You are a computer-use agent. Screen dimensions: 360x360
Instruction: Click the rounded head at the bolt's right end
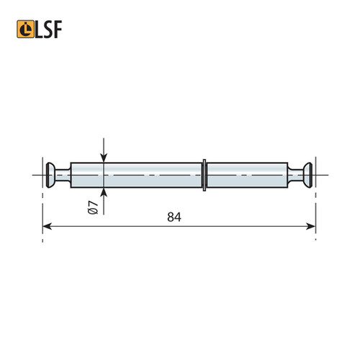[307, 174]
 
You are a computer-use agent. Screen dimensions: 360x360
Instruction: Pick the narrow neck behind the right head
[295, 174]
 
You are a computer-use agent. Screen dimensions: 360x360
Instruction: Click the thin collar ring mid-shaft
[205, 174]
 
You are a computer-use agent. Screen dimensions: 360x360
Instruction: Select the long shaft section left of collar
[137, 174]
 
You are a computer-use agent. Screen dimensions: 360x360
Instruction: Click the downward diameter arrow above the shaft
[104, 156]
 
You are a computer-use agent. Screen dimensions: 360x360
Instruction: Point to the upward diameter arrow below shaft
[104, 192]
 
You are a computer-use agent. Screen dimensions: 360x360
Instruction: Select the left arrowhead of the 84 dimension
[48, 227]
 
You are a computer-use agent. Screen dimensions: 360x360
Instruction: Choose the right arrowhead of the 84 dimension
[311, 227]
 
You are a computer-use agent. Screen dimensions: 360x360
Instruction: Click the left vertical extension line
[42, 209]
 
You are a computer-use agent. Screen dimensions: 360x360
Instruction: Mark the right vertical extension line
[316, 209]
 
